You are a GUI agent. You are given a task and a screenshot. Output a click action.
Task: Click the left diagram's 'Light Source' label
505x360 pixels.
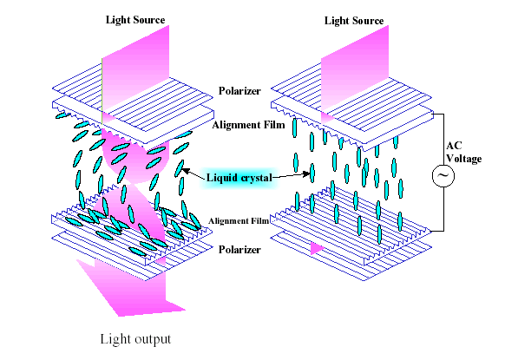pos(135,20)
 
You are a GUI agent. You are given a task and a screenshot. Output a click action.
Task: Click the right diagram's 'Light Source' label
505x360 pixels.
pos(354,21)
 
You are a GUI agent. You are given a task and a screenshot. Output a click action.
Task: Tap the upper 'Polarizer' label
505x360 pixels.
pos(239,91)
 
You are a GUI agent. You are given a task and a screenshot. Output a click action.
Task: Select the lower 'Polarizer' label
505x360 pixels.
pos(239,250)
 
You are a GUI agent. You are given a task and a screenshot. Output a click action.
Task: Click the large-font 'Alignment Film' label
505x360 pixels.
pos(248,125)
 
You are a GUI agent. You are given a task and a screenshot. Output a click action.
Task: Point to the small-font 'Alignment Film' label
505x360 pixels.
pos(239,221)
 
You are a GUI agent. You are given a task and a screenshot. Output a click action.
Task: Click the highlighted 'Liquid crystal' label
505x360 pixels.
pos(239,178)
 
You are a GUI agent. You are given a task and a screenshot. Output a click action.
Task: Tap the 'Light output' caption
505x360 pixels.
pos(135,339)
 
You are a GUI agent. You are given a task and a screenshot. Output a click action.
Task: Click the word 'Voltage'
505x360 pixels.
pos(463,159)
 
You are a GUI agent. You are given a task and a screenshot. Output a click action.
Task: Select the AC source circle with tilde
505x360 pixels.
pos(443,175)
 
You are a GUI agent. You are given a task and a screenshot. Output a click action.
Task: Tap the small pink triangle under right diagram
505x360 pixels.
pos(318,249)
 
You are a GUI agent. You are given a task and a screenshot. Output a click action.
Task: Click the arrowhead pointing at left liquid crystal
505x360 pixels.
pos(186,171)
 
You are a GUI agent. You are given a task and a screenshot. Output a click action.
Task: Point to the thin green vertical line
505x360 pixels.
pos(102,91)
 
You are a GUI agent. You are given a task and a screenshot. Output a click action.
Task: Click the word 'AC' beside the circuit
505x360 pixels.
pos(454,146)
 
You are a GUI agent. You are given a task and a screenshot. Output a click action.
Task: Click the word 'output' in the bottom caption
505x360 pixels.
pos(153,340)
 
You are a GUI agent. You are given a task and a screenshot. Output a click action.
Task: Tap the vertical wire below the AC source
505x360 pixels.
pos(443,209)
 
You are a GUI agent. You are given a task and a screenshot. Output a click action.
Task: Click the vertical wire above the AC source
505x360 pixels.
pos(443,139)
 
